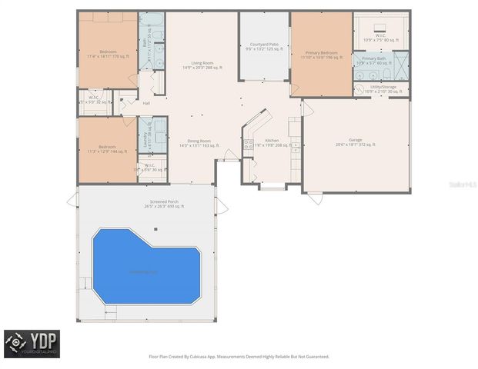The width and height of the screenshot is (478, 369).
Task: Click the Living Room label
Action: click(x=202, y=65)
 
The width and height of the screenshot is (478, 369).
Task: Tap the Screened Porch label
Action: click(x=162, y=204)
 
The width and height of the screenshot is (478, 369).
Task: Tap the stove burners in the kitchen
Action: click(x=249, y=143)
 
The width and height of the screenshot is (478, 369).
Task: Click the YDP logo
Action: click(x=32, y=344)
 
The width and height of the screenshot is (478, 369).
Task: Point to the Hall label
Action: click(x=146, y=103)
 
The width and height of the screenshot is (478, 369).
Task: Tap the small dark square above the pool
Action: click(x=155, y=228)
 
